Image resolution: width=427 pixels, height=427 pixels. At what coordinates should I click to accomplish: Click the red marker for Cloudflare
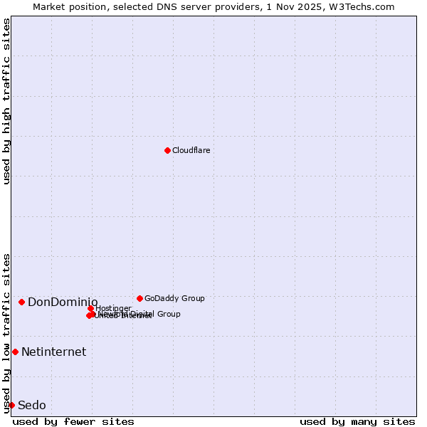(167, 150)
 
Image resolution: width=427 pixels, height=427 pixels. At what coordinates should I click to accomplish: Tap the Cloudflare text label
(191, 150)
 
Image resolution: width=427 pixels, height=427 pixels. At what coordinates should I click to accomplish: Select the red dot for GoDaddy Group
(139, 298)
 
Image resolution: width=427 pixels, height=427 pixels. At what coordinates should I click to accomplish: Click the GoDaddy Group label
(174, 298)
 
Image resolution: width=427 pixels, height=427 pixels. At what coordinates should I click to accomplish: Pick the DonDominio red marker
(22, 302)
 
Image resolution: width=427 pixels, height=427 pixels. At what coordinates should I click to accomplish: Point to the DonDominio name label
(63, 302)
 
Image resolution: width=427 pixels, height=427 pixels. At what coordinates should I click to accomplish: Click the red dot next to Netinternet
(15, 352)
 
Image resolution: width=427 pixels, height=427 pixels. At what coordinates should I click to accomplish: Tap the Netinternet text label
(53, 352)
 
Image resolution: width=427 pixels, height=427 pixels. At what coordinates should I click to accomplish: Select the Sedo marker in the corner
(11, 405)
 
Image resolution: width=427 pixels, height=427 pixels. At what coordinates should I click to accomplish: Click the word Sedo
(32, 405)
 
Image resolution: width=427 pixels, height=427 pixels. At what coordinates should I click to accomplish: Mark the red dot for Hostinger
(91, 308)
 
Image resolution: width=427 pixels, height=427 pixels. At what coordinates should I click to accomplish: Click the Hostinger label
(113, 308)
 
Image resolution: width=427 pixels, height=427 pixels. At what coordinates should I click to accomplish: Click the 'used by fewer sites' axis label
(73, 421)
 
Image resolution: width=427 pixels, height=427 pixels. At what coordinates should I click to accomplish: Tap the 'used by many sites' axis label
(357, 421)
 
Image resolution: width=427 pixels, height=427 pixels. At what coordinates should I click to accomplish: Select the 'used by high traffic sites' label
(7, 101)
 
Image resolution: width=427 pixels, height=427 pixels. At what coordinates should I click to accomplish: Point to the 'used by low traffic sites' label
(7, 332)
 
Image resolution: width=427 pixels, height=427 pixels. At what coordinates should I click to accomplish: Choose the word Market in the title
(50, 6)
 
